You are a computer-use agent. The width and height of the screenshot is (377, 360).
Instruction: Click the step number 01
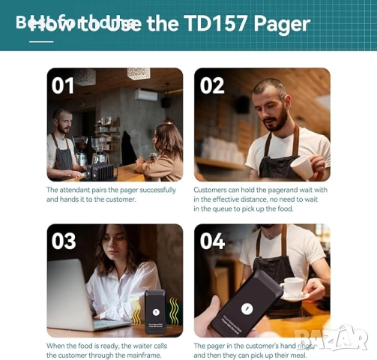[x=63, y=85]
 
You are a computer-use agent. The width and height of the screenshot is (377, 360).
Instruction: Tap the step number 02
[x=211, y=85]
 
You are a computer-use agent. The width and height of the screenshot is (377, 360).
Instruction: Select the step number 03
[x=64, y=241]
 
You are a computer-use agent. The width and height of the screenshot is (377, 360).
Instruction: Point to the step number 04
[x=212, y=241]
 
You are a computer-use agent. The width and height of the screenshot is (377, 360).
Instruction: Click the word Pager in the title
[x=282, y=23]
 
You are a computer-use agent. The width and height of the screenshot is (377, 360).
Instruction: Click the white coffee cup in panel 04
[x=292, y=288]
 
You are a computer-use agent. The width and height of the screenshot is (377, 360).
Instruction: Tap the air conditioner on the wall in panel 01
[x=146, y=95]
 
